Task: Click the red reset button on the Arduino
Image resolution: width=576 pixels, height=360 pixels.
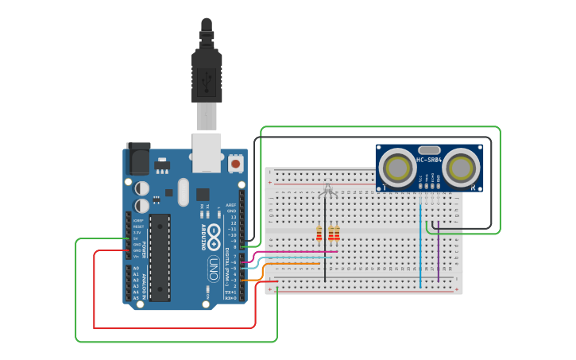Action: [x=236, y=164]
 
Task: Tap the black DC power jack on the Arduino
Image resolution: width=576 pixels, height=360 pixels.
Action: [x=138, y=159]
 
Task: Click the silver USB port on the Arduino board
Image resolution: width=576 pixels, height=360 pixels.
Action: [x=207, y=152]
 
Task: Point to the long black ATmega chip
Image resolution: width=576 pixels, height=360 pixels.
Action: [x=160, y=257]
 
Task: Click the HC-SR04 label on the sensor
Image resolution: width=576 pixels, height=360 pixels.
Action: [x=429, y=161]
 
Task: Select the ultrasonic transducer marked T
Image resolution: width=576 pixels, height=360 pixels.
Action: [x=395, y=168]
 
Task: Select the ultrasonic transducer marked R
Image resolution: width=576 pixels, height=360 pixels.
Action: [x=462, y=168]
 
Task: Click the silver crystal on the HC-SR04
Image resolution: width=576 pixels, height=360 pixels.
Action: [x=428, y=149]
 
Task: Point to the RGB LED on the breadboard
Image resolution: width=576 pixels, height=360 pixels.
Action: [x=327, y=191]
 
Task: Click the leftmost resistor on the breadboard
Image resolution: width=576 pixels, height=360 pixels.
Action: [x=319, y=232]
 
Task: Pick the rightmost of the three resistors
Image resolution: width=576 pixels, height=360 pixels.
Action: [x=337, y=232]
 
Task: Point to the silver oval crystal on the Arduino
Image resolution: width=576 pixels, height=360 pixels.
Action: [x=184, y=192]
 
